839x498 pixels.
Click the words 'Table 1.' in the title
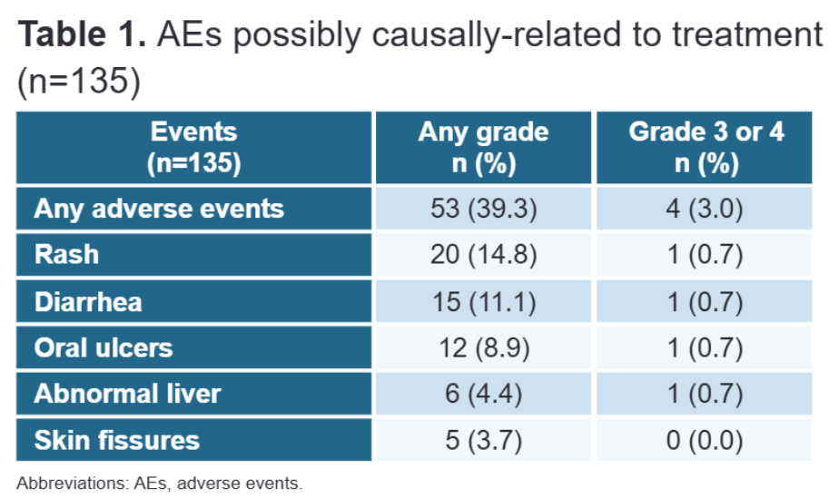pyautogui.click(x=81, y=34)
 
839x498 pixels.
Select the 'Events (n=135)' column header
pyautogui.click(x=193, y=148)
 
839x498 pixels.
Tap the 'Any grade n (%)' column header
pyautogui.click(x=483, y=148)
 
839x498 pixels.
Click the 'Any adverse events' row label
pyautogui.click(x=159, y=210)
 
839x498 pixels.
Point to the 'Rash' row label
pyautogui.click(x=66, y=255)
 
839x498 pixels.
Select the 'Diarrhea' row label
pyautogui.click(x=88, y=302)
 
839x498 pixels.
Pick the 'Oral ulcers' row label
pyautogui.click(x=103, y=348)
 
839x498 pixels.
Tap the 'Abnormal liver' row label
pyautogui.click(x=127, y=395)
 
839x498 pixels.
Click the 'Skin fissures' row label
pyautogui.click(x=116, y=441)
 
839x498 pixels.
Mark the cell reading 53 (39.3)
pyautogui.click(x=483, y=210)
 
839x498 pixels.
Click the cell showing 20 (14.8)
pyautogui.click(x=483, y=255)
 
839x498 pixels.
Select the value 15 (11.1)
pyautogui.click(x=483, y=302)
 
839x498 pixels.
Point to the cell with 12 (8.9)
pyautogui.click(x=483, y=348)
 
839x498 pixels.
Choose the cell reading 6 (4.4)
pyautogui.click(x=483, y=395)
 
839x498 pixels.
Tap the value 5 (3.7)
pyautogui.click(x=483, y=441)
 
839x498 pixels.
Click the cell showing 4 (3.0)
pyautogui.click(x=706, y=210)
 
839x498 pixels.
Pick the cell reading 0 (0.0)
pyautogui.click(x=706, y=441)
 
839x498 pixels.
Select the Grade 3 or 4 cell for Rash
pyautogui.click(x=706, y=255)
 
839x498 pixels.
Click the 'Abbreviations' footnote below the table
pyautogui.click(x=159, y=483)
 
